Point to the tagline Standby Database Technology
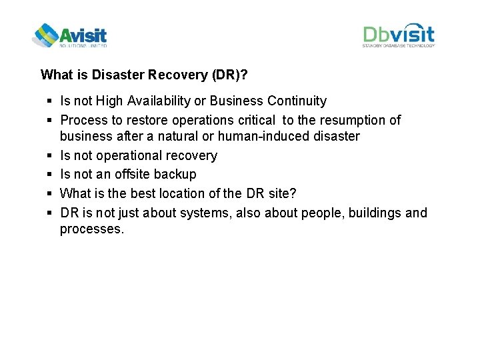click(399, 46)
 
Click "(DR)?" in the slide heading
click(230, 75)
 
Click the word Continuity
click(297, 101)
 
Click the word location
click(182, 194)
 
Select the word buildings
click(375, 213)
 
